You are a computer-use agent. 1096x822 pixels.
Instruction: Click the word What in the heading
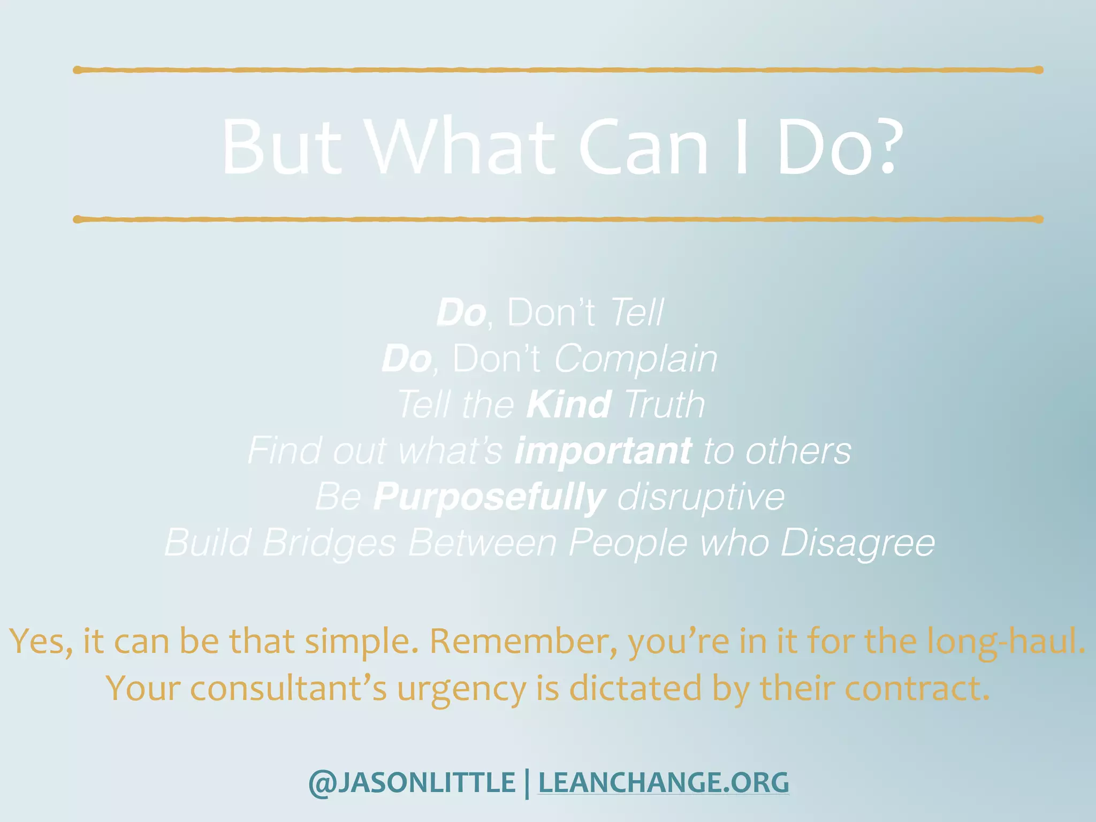(461, 147)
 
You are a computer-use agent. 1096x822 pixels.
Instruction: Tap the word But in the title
(281, 147)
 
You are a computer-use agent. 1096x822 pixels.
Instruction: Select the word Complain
(635, 359)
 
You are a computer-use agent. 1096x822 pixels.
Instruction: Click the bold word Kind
(568, 405)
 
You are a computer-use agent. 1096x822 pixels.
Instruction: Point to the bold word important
(603, 451)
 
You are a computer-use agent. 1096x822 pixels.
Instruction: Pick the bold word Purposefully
(489, 497)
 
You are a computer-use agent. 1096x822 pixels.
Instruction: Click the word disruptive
(701, 497)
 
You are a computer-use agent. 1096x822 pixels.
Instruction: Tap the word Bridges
(329, 543)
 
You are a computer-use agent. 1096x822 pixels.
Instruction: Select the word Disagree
(857, 543)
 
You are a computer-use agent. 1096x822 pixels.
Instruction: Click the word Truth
(664, 405)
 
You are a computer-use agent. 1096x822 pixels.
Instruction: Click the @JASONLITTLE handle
(412, 782)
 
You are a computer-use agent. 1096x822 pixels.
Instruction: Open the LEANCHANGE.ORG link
(663, 782)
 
